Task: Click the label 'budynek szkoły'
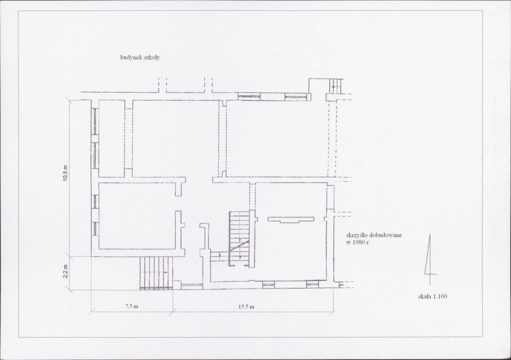pos(140,58)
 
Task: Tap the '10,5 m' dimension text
pos(66,173)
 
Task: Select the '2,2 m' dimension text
pos(66,271)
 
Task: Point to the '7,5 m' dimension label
pos(132,307)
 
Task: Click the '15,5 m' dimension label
pos(246,307)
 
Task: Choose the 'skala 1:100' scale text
pos(433,297)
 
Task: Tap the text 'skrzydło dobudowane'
pos(374,235)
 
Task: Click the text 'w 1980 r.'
pos(358,242)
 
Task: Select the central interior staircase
pos(239,239)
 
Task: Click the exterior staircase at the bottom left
pos(156,273)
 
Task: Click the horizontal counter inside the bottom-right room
pos(291,219)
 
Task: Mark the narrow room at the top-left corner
pos(112,138)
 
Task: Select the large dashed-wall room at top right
pos(277,138)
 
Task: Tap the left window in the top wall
pos(249,96)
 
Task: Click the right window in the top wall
pos(296,96)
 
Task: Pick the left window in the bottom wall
pos(268,285)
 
